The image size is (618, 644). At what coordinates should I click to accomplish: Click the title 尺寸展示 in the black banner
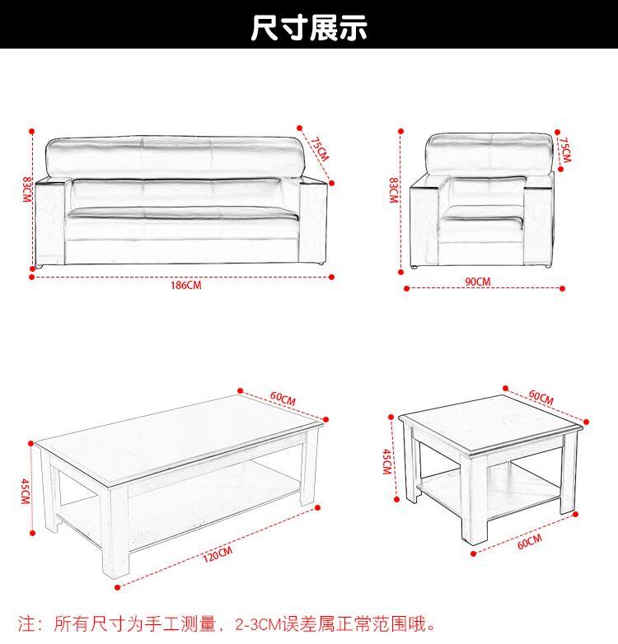pos(309,27)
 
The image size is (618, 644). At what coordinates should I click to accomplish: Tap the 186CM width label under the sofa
pos(186,285)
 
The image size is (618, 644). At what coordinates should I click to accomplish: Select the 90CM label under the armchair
pos(478,282)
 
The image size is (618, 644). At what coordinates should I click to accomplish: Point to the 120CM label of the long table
pos(218,554)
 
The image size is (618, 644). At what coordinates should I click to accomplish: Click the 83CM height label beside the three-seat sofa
pos(26,189)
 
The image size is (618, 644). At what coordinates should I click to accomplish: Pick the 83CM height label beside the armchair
pos(394,190)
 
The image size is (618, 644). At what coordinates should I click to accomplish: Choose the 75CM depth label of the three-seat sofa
pos(320,149)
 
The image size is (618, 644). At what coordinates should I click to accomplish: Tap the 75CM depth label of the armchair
pos(565,150)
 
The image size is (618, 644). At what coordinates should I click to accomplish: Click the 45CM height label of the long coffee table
pos(26,492)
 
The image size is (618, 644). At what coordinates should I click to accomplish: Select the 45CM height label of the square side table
pos(387,462)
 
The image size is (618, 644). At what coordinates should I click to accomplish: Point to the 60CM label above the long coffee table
pos(283,399)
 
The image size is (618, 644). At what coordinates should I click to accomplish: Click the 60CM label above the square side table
pos(541,397)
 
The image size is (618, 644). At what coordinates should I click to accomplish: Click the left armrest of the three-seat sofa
pos(49,222)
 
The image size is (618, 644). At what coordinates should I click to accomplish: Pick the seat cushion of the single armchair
pos(480,224)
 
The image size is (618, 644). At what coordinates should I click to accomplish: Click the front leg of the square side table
pos(474,500)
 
